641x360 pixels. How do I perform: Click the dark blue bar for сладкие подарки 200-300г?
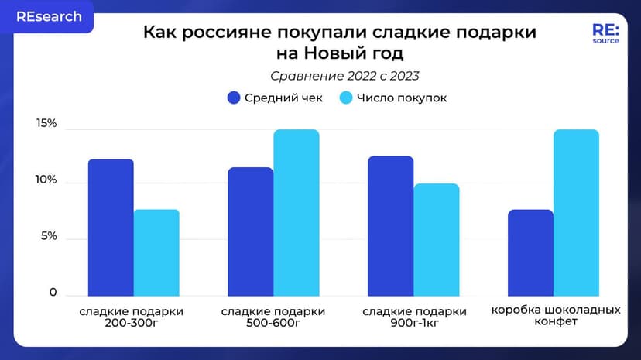pos(111,228)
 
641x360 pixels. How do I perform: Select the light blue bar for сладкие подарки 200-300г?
pos(156,252)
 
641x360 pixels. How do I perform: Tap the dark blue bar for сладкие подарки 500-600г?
pos(250,231)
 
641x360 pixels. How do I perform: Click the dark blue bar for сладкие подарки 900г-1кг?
pos(390,226)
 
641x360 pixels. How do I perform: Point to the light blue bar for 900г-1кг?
pos(437,240)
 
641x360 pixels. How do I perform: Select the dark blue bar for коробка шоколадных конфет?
pos(530,252)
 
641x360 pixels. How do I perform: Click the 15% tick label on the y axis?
pos(45,124)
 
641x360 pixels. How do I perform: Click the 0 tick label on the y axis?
pos(53,293)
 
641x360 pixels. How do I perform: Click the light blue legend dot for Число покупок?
pos(346,98)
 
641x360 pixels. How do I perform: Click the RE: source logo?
pos(605,33)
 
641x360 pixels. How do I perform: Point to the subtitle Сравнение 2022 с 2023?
pos(344,76)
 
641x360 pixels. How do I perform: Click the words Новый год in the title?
pos(355,53)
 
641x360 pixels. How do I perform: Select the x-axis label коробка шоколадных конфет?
pos(556,316)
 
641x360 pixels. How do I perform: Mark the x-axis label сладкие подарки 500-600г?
pos(273,317)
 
